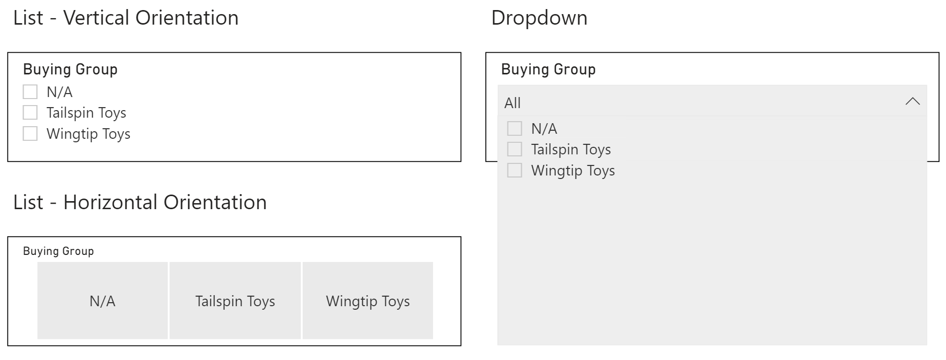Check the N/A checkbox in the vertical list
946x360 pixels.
30,92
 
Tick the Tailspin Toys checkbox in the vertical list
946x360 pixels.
30,113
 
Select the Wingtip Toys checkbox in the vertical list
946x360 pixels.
30,134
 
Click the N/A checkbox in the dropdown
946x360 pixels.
514,128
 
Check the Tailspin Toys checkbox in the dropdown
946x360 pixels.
514,149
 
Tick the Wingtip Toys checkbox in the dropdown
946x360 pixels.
514,170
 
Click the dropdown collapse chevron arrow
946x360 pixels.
913,102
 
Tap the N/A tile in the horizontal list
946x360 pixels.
103,301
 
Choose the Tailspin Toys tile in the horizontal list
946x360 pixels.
235,301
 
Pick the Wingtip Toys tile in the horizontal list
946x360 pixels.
368,301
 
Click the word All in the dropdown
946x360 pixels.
512,103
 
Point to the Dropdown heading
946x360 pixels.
539,18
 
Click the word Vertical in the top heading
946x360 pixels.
97,18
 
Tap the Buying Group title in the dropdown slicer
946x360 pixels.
548,69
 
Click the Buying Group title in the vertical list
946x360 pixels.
70,69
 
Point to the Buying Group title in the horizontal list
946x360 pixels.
58,251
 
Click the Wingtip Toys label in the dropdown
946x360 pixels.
573,171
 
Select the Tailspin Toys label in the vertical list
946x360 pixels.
87,113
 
